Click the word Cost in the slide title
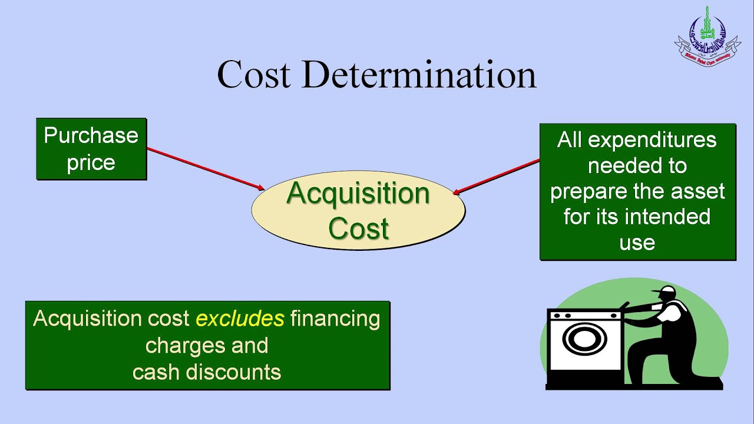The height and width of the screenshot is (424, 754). (254, 75)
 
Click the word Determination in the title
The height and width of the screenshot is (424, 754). (419, 75)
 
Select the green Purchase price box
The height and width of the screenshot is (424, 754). (91, 148)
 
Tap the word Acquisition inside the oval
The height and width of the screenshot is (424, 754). (358, 194)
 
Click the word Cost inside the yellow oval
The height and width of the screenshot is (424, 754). (358, 228)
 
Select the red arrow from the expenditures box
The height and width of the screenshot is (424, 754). (497, 176)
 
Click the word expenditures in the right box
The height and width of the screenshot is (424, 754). (652, 140)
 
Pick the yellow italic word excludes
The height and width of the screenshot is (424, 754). (240, 319)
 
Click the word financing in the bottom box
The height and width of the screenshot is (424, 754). (335, 319)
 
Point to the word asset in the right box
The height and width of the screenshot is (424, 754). (697, 191)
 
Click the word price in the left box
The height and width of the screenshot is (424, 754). (91, 162)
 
